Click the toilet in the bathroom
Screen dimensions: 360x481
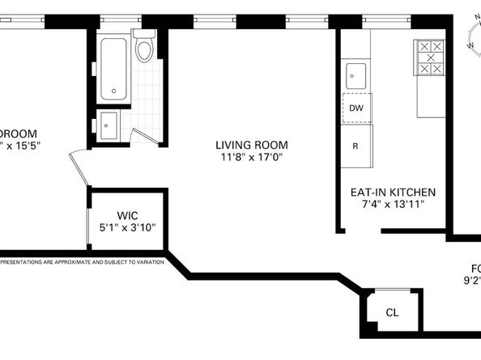(144, 49)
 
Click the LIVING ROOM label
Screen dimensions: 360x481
(251, 146)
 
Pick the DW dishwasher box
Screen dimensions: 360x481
(355, 106)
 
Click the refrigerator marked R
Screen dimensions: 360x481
(355, 146)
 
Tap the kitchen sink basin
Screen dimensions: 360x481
(356, 76)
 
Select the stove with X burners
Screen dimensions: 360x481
(429, 57)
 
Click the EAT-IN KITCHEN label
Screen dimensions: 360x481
(393, 193)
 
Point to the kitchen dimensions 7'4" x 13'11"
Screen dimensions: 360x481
(393, 205)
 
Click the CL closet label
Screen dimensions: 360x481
(392, 312)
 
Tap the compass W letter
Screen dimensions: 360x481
(470, 45)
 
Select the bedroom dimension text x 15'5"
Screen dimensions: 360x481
(20, 146)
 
